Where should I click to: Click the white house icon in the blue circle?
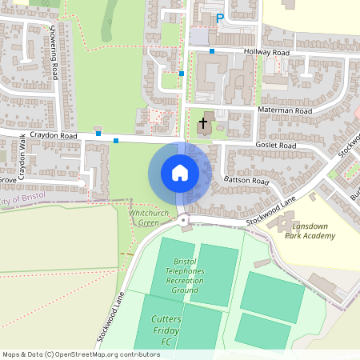(x=180, y=172)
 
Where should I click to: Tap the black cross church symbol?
(x=203, y=124)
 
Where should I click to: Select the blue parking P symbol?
(x=219, y=18)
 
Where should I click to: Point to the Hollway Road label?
(x=268, y=52)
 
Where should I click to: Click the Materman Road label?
(x=284, y=110)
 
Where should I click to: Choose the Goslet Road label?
(x=276, y=146)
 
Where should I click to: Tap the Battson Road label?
(x=247, y=182)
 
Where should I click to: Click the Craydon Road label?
(x=54, y=137)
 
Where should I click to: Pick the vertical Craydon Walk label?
(x=22, y=158)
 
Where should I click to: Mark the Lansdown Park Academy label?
(x=309, y=231)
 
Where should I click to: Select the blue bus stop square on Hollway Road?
(x=212, y=52)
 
